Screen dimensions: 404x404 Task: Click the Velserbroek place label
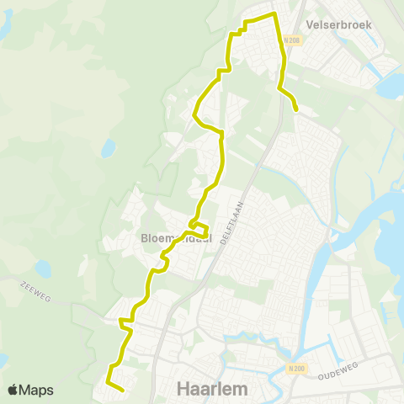[x=340, y=24]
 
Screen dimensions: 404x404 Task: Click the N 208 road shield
[x=291, y=40]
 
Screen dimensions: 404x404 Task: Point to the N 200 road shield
[x=295, y=368]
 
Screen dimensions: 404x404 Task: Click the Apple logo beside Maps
[x=13, y=390]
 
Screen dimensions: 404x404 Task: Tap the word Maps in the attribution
[x=36, y=391]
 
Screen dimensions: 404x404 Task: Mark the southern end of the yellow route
[x=123, y=391]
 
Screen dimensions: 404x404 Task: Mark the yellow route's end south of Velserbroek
[x=296, y=109]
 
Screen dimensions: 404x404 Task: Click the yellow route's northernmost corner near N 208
[x=274, y=14]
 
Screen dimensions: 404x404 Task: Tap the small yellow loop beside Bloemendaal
[x=200, y=228]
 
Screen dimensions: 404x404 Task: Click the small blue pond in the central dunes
[x=108, y=149]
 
